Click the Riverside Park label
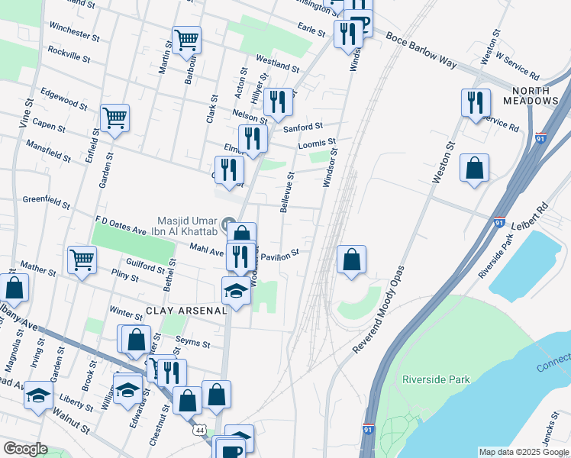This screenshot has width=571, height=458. point(436,379)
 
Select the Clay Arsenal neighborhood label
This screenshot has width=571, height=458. point(186,311)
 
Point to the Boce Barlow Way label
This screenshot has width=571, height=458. point(421,50)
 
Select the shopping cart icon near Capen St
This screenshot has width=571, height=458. point(115,118)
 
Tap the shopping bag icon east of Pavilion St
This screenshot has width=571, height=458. point(351,259)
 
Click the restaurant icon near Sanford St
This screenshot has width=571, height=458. point(278,102)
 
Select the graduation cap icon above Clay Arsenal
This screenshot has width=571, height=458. point(236,291)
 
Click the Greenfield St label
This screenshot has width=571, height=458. point(46,202)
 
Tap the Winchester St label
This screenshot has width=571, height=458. point(74,31)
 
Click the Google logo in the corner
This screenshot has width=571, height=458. point(25,449)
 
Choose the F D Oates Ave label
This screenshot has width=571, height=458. point(120,224)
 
